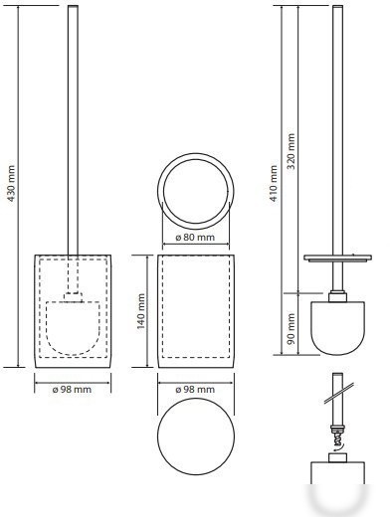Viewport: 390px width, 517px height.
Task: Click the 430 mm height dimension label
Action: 11,183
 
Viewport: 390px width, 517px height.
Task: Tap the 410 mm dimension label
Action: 274,183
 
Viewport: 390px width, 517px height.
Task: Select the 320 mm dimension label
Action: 291,151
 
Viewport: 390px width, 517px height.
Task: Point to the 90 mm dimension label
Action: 291,329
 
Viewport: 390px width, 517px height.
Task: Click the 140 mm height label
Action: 141,311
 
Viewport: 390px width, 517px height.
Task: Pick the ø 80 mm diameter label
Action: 195,238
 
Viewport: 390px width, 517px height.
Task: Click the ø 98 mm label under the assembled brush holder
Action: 72,389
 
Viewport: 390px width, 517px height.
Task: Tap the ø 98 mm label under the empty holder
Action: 195,389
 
